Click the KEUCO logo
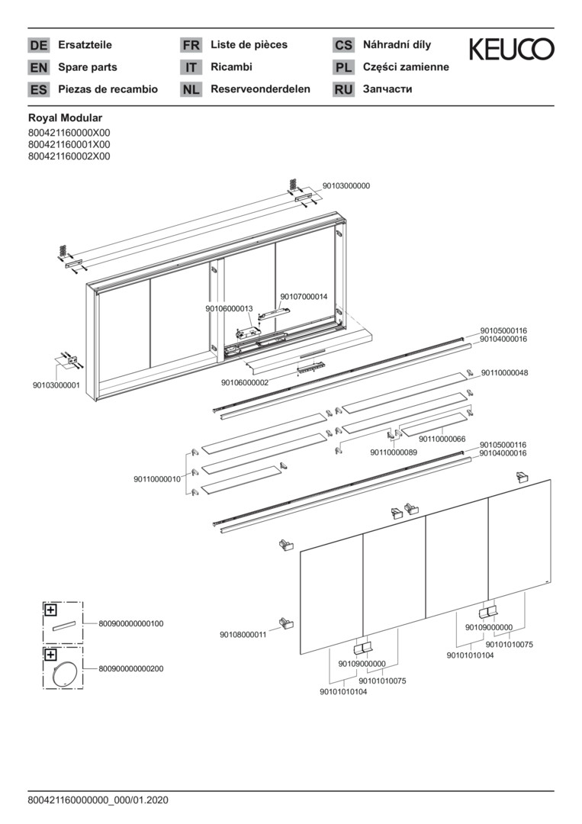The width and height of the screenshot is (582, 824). [x=511, y=50]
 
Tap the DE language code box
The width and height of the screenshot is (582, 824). [x=38, y=46]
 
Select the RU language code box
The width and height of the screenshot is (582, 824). [x=343, y=90]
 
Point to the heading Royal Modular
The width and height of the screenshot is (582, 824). [x=65, y=118]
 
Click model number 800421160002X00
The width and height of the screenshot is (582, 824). [x=69, y=156]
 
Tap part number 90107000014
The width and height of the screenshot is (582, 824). [x=304, y=297]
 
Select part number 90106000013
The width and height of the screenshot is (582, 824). [x=229, y=309]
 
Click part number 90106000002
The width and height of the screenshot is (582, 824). [x=245, y=382]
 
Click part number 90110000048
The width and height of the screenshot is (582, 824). [x=504, y=373]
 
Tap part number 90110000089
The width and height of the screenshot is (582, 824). [x=394, y=452]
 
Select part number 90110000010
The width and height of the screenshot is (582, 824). [x=157, y=479]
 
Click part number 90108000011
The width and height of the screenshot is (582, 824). [x=243, y=634]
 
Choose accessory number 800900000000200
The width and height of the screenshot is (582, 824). [x=130, y=668]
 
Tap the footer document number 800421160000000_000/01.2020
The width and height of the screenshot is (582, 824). [x=98, y=800]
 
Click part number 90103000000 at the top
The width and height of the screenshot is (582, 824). [x=346, y=185]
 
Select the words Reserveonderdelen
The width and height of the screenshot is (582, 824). [x=260, y=89]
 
